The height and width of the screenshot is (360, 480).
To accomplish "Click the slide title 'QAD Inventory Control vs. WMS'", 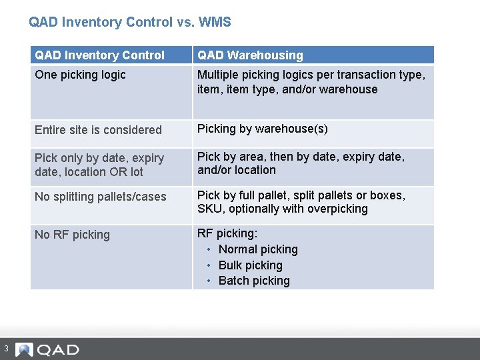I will coord(130,22).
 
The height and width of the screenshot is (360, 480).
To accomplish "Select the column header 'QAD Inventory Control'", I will coord(99,55).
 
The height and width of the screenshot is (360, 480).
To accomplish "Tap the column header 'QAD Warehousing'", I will coord(250,55).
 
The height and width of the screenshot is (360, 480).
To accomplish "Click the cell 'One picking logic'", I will coord(80,75).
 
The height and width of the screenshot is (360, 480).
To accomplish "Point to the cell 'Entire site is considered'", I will coord(98,130).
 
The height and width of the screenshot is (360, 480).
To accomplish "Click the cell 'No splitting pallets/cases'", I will coord(101,197).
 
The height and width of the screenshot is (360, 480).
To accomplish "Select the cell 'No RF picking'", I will coord(72,235).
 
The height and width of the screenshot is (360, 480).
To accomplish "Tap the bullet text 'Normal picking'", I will coord(258,249).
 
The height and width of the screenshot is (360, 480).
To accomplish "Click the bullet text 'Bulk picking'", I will coord(251,265).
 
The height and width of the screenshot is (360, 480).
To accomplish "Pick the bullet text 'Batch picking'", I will coord(254,281).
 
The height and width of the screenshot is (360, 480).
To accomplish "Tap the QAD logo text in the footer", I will coord(58,350).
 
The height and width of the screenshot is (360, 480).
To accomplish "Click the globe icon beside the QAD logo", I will coord(24,349).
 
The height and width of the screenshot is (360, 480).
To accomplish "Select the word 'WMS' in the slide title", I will coord(215,22).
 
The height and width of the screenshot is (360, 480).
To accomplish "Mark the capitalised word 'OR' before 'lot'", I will coord(120,172).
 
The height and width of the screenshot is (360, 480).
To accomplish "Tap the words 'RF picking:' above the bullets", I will coord(227,233).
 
